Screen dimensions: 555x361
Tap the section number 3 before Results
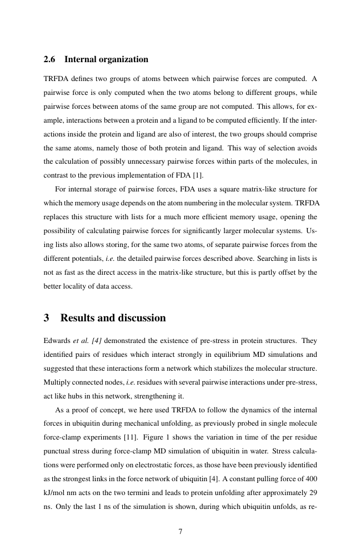point(47,318)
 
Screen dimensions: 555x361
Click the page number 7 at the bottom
point(180,531)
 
